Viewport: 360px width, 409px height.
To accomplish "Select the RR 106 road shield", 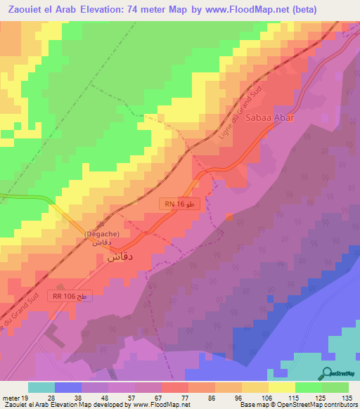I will pos(72,297).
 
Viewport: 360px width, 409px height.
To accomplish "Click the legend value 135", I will pos(346,397).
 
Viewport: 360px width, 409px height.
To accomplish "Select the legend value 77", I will pos(185,397).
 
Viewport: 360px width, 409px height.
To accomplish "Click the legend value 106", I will pos(266,397).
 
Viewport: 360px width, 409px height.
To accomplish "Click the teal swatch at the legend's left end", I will pos(41,387).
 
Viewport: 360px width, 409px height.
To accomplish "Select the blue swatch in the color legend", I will pos(68,387).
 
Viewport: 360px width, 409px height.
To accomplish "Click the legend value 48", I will pos(104,397).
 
